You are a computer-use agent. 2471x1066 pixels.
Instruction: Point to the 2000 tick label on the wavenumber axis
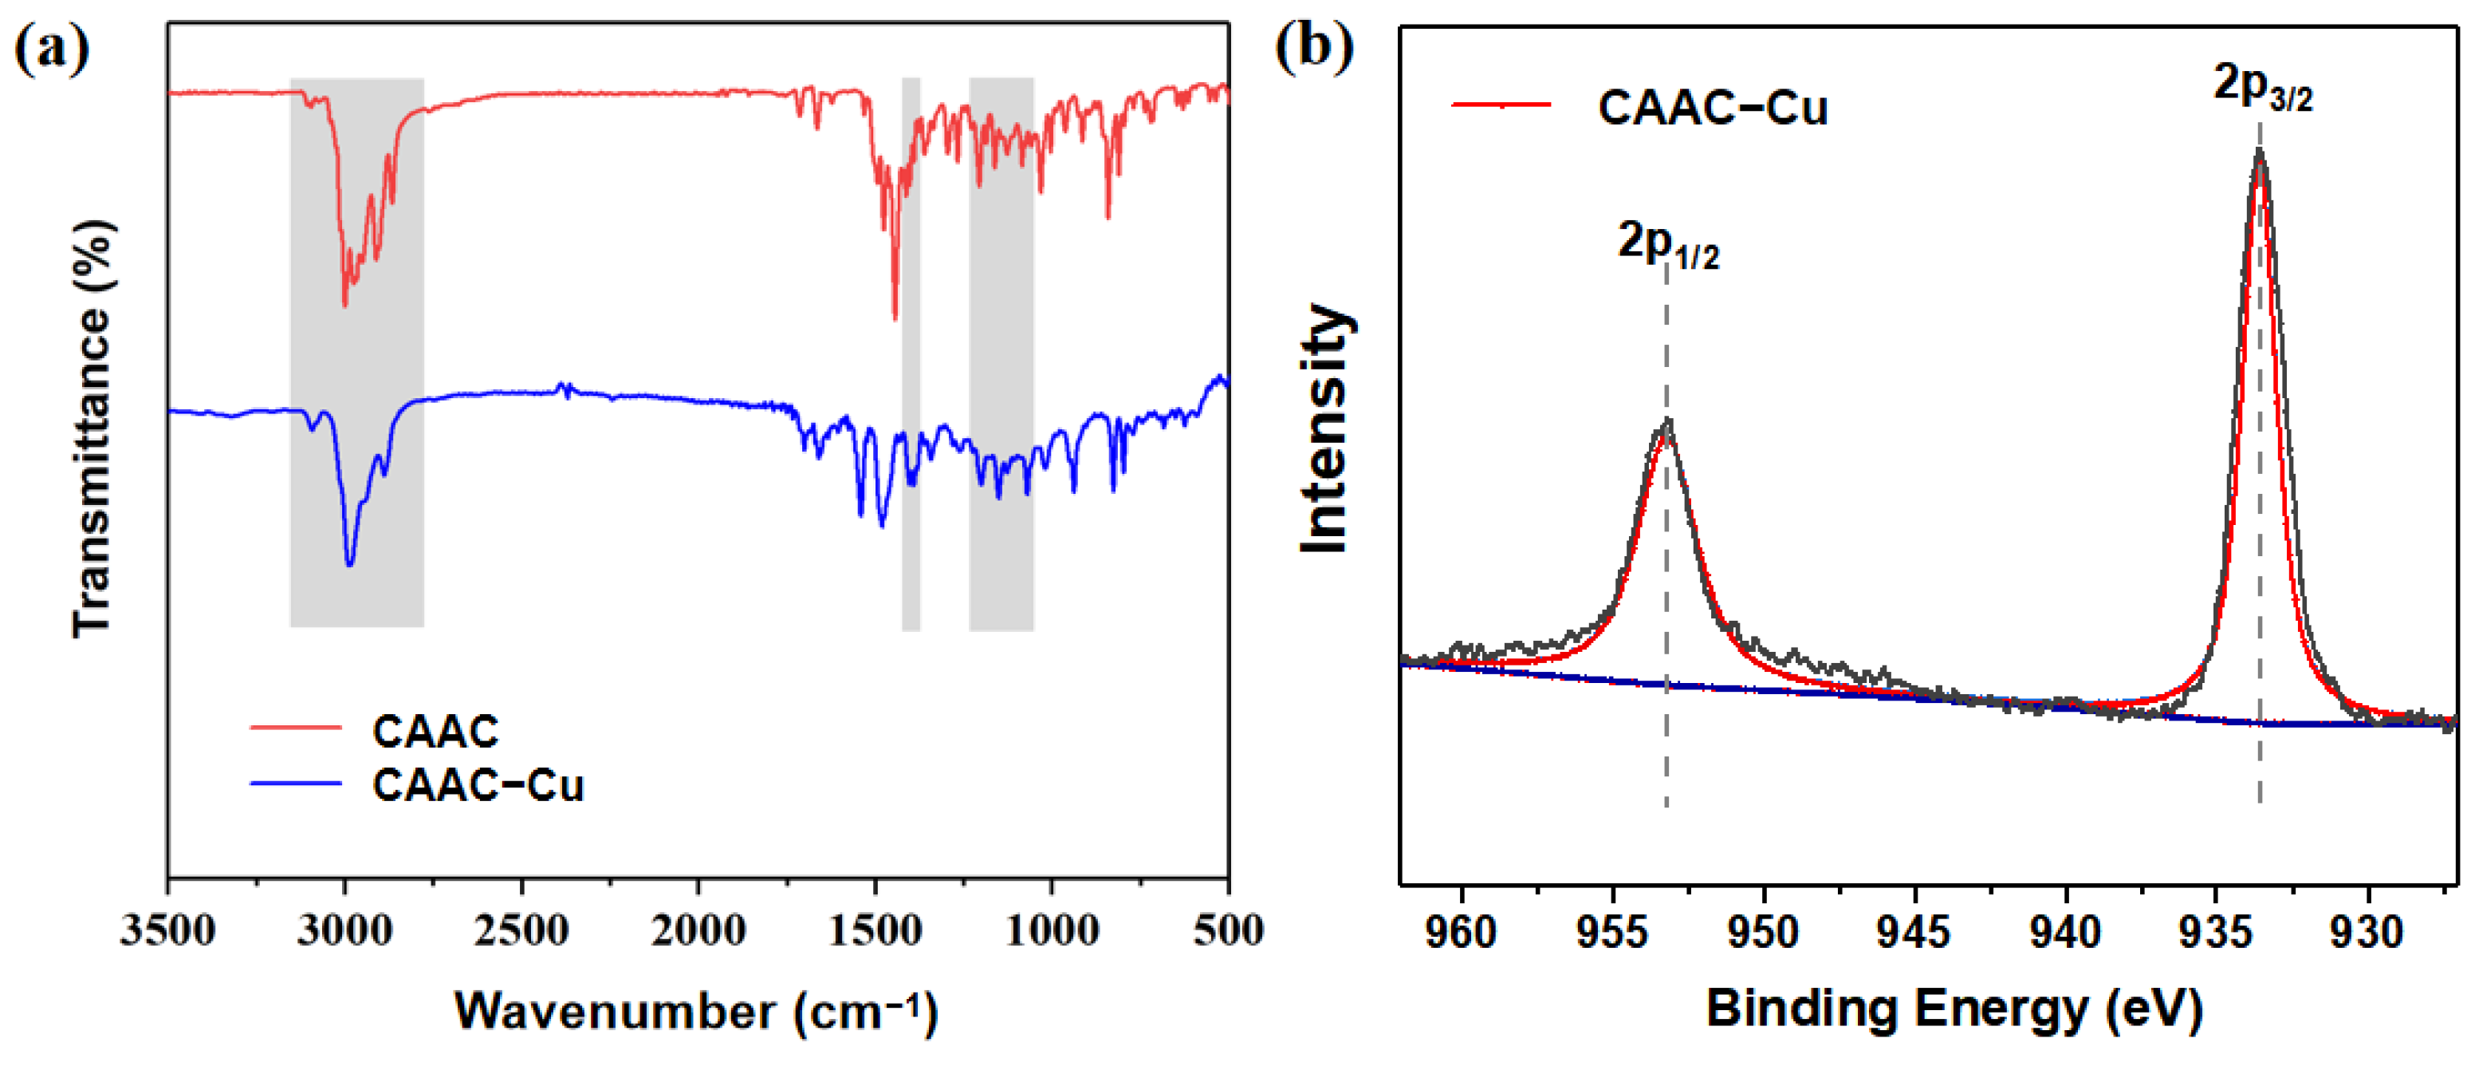tap(698, 930)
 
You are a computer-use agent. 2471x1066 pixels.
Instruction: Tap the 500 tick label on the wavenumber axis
tap(1228, 930)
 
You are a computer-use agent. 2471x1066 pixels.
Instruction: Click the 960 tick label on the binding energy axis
tap(1461, 933)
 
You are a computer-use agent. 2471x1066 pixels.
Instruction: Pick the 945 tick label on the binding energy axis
tap(1914, 933)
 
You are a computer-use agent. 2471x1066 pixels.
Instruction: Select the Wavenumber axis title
tap(695, 1011)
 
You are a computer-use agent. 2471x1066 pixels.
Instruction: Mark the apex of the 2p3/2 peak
tap(2259, 151)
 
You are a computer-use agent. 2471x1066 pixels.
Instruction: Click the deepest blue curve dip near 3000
tap(349, 564)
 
